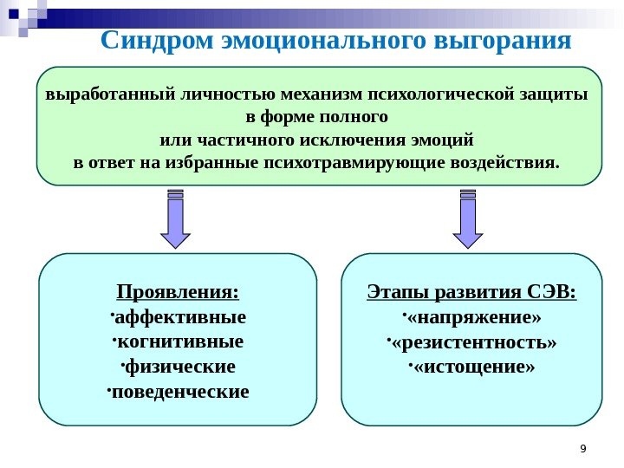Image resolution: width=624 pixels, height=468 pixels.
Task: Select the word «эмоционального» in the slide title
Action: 320,40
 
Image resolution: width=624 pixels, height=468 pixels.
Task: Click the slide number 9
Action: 582,448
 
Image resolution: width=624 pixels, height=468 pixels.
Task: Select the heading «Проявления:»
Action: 179,290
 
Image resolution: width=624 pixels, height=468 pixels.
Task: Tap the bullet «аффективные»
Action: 181,315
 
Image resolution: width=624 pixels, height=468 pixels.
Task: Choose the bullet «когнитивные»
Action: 179,341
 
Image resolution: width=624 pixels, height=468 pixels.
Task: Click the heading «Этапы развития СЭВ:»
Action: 472,290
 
